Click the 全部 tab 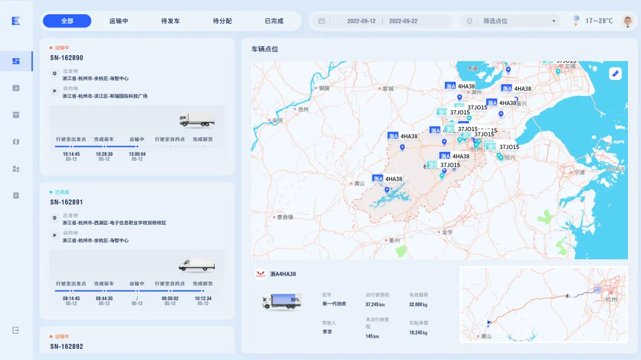pyautogui.click(x=67, y=21)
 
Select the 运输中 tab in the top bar pyautogui.click(x=119, y=21)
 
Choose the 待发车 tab pyautogui.click(x=170, y=21)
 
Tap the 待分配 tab pyautogui.click(x=222, y=21)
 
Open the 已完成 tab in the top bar pyautogui.click(x=274, y=21)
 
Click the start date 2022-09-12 pyautogui.click(x=361, y=21)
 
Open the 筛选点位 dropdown pyautogui.click(x=512, y=21)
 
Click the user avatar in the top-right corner pyautogui.click(x=627, y=21)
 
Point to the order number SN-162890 pyautogui.click(x=66, y=58)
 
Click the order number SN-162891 pyautogui.click(x=66, y=202)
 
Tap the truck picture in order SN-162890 pyautogui.click(x=197, y=120)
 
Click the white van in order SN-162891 pyautogui.click(x=196, y=265)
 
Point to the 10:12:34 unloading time pyautogui.click(x=203, y=299)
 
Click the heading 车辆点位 pyautogui.click(x=265, y=49)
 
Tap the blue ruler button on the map pyautogui.click(x=615, y=74)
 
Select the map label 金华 pyautogui.click(x=447, y=232)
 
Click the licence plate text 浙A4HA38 pyautogui.click(x=283, y=274)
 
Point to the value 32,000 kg pyautogui.click(x=418, y=304)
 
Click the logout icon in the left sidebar pyautogui.click(x=16, y=330)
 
